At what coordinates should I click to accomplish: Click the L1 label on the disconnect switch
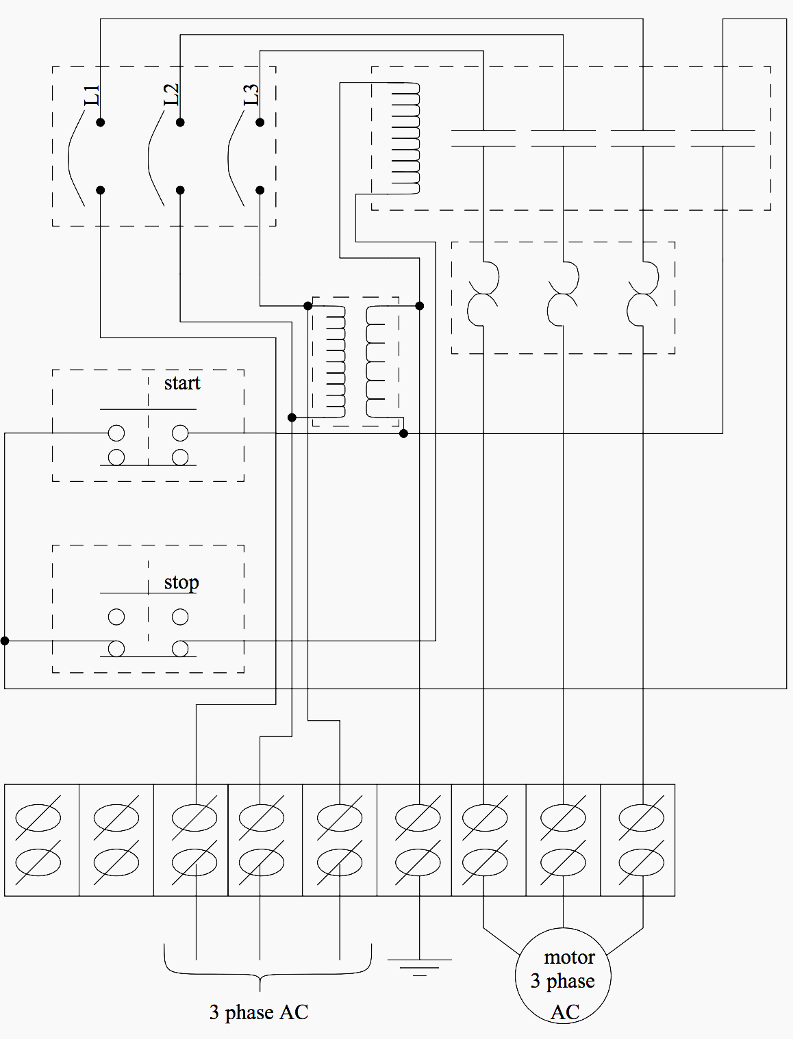[91, 95]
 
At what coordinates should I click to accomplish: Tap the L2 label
[171, 94]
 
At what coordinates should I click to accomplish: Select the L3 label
[251, 94]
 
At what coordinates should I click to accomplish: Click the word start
[181, 383]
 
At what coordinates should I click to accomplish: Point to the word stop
[181, 582]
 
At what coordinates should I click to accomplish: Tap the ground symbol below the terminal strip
[419, 966]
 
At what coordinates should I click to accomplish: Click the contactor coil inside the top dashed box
[405, 138]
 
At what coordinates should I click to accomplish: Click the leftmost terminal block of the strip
[42, 840]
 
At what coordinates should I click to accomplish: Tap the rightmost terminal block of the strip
[638, 840]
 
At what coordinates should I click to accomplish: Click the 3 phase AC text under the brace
[259, 1012]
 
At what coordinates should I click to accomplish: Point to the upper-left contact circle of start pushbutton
[116, 433]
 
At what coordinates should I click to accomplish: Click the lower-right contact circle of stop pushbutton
[180, 647]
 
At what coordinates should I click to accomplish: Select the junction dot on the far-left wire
[5, 641]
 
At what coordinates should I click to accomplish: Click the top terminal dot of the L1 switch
[100, 123]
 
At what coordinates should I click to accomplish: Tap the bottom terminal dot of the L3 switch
[260, 190]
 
